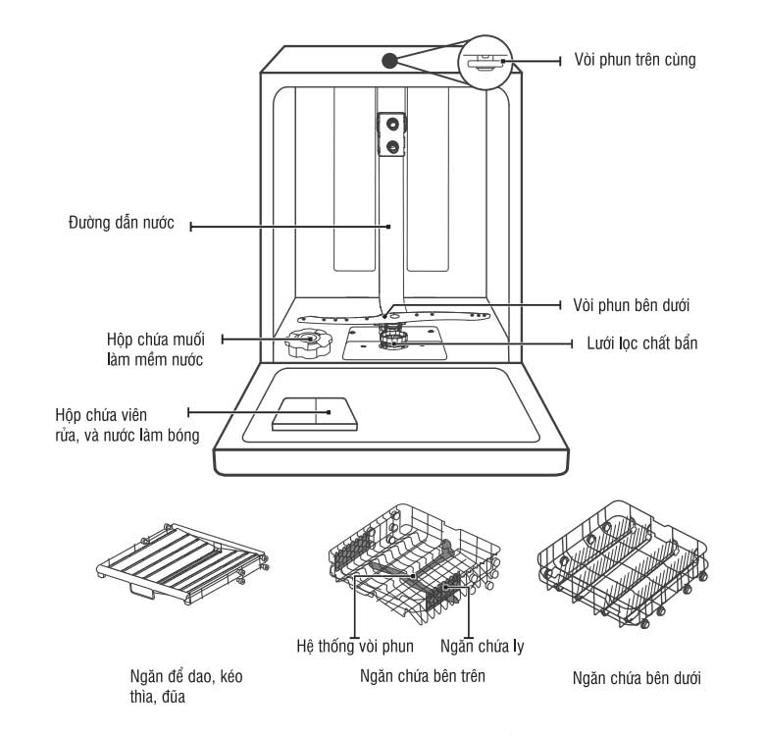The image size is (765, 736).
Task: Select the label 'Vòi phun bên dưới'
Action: click(x=635, y=304)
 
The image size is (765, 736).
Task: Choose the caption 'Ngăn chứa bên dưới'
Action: click(x=637, y=678)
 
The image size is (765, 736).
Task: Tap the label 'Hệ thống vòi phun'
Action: click(x=354, y=646)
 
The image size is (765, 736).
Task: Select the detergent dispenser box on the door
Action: click(x=315, y=413)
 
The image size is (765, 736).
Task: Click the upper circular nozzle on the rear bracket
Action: click(x=393, y=124)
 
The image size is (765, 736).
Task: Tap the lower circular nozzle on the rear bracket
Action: click(x=393, y=147)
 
